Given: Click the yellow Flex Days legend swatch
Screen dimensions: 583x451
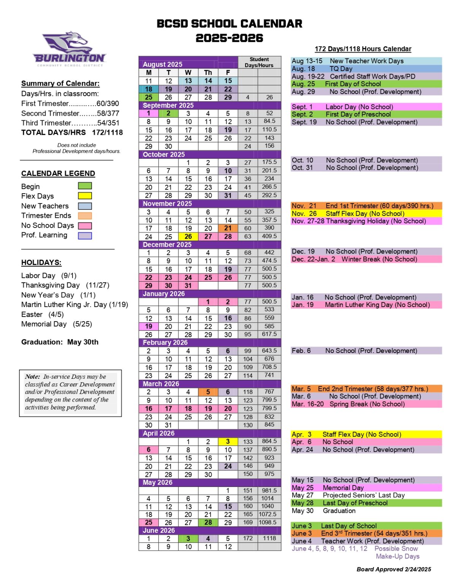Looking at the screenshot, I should [85, 196].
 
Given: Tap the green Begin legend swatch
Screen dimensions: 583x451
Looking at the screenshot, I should [85, 186].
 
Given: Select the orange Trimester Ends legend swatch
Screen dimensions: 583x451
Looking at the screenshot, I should [85, 216].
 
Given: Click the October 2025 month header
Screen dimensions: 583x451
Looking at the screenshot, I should [164, 154].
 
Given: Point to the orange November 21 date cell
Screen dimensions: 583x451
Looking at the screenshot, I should [228, 228].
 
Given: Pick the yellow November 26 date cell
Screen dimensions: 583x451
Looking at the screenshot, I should [188, 236].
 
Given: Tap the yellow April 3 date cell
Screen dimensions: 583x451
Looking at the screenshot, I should [228, 441].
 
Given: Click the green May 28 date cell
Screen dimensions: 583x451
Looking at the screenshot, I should [208, 523].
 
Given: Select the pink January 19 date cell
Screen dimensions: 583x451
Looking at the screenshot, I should [149, 326].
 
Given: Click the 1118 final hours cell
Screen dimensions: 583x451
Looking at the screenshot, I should [269, 538].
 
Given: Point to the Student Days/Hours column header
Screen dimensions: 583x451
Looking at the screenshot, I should [259, 62].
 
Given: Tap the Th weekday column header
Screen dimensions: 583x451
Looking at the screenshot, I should [208, 72].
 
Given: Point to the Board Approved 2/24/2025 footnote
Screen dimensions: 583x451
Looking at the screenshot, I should [394, 569].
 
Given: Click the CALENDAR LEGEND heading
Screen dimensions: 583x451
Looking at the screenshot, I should [58, 173].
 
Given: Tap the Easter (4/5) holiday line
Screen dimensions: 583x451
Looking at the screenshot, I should [43, 314].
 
